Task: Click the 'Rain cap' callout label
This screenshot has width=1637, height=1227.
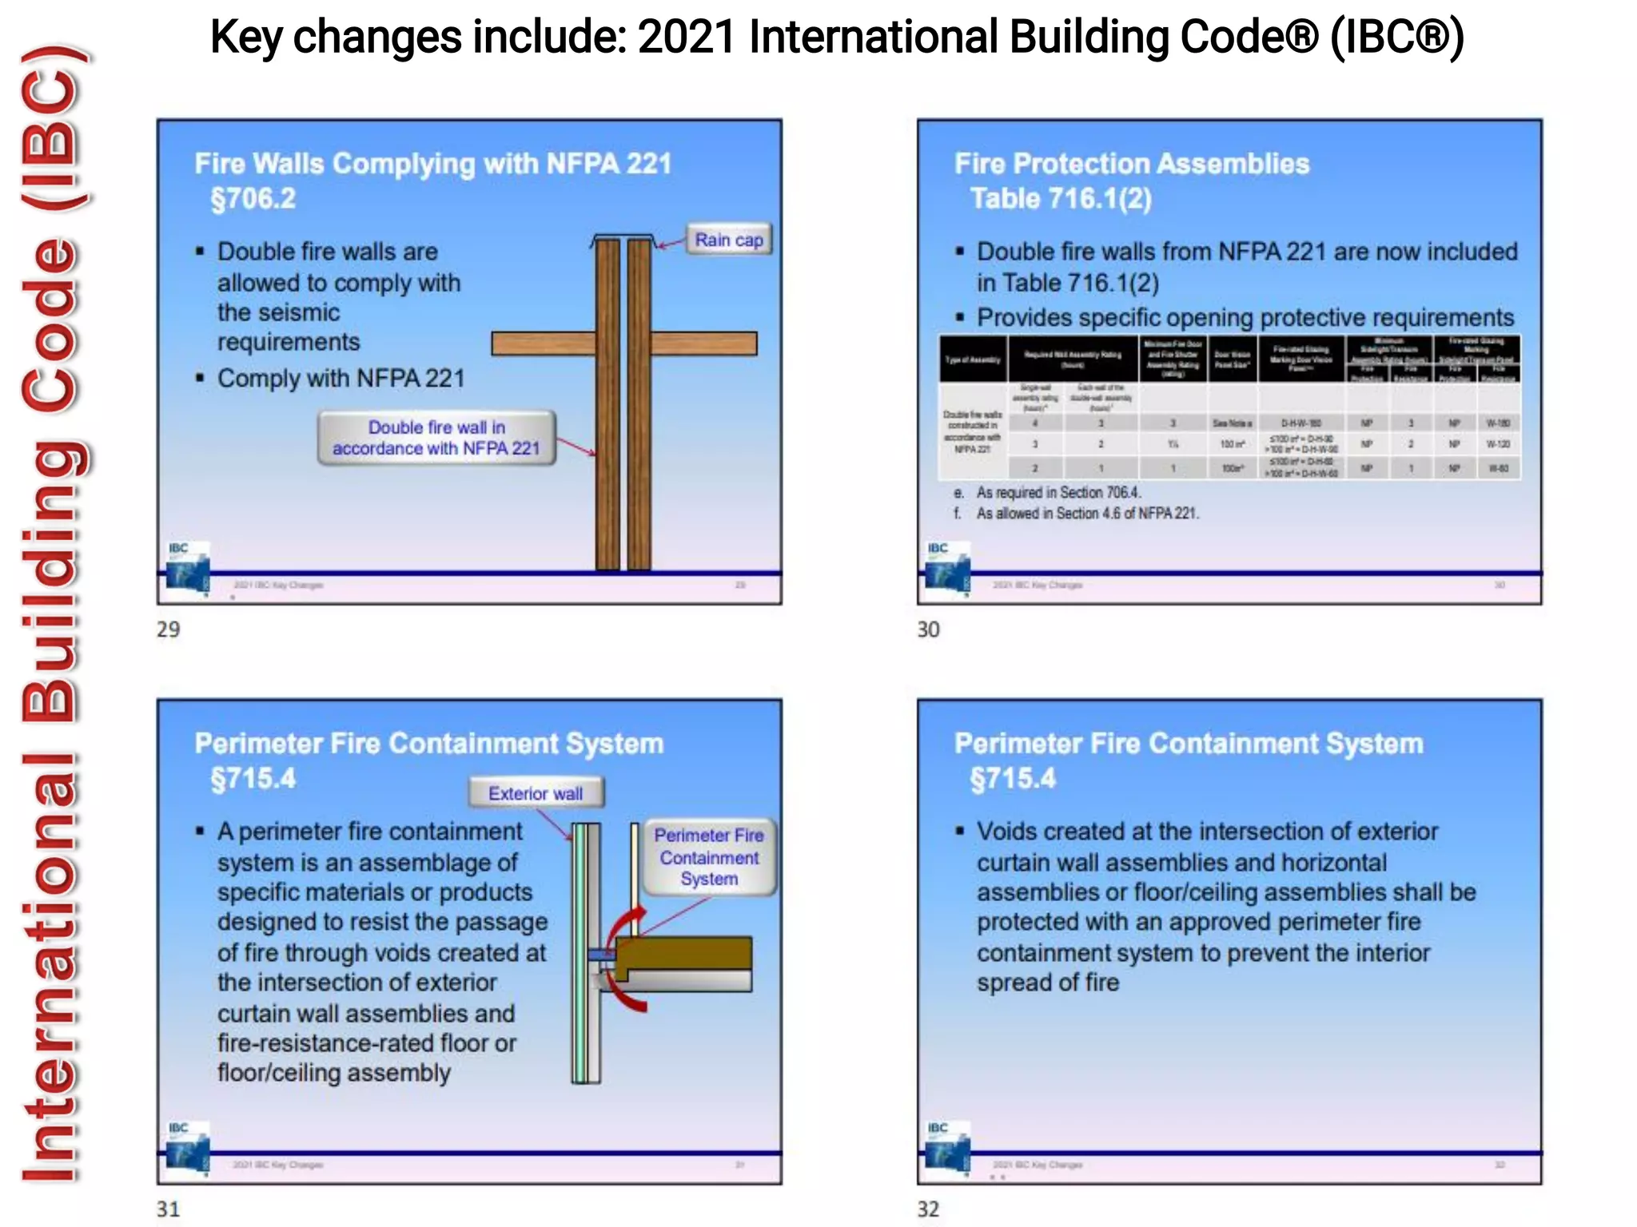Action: [728, 240]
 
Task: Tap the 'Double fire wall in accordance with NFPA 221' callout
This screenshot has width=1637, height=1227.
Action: [436, 438]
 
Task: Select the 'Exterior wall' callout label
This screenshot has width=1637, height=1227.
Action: [536, 793]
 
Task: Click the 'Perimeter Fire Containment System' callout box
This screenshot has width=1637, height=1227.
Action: [709, 857]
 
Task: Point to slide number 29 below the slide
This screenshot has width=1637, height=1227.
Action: [168, 629]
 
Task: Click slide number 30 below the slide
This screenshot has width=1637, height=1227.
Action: [928, 629]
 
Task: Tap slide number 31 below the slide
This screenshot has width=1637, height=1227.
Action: [168, 1209]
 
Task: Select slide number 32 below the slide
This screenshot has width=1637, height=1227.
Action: [928, 1209]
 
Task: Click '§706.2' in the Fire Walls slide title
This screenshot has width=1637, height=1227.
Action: [253, 198]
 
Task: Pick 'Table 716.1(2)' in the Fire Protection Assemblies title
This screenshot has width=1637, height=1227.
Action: [1061, 198]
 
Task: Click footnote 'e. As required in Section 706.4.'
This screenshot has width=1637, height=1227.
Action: [1047, 492]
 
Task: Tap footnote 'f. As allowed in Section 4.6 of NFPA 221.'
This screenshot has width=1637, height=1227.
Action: [1076, 513]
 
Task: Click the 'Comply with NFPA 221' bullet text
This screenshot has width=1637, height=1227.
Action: [341, 378]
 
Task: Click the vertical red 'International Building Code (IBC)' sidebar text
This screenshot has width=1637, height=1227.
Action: [51, 613]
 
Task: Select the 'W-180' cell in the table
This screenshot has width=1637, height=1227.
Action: [1498, 423]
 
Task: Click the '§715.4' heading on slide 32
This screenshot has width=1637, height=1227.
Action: [1013, 778]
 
